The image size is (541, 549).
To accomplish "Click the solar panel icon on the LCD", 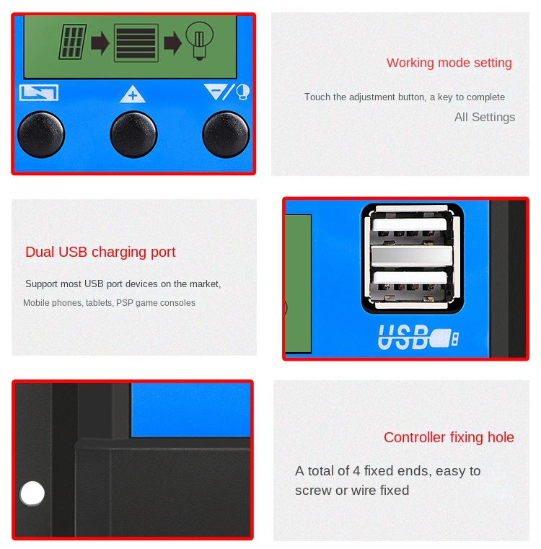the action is point(72,41).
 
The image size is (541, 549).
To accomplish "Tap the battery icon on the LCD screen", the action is point(136,43).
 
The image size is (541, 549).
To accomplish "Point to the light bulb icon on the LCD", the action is point(199,40).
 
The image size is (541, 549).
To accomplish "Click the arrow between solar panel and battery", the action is point(100,43).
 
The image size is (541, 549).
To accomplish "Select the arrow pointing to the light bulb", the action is point(172,43).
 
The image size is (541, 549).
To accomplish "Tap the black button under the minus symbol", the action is point(226,134).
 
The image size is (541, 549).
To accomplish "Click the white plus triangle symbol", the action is point(132,95).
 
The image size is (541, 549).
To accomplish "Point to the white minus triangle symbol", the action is point(216,91).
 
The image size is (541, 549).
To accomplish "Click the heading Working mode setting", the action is point(449,63).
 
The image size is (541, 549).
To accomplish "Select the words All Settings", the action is point(485,117).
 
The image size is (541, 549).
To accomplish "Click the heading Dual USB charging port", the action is point(100,252).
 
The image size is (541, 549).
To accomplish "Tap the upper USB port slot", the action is point(410,230).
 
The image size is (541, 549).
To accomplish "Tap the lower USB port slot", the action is point(410,285).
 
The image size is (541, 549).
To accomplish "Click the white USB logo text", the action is point(403,337).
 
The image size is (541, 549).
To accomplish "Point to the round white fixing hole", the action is point(32,493).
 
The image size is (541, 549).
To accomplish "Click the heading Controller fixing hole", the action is point(449,437).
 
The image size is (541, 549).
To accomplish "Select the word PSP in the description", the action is point(124,303).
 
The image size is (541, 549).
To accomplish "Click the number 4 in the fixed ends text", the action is point(356,471).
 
